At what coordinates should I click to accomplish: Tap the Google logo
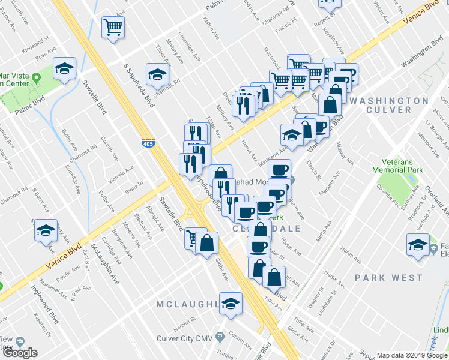pyautogui.click(x=20, y=353)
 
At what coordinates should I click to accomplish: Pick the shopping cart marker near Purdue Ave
pyautogui.click(x=113, y=28)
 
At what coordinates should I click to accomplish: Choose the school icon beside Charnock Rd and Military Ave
pyautogui.click(x=157, y=75)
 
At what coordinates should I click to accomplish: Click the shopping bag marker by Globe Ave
pyautogui.click(x=206, y=244)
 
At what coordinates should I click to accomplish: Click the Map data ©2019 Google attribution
pyautogui.click(x=412, y=355)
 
